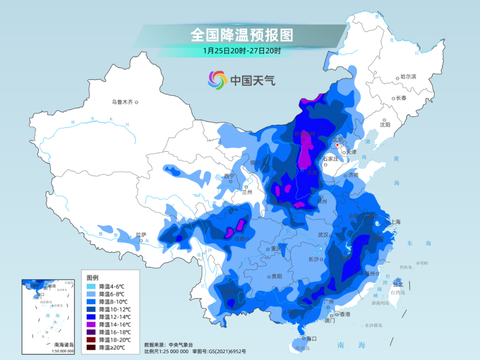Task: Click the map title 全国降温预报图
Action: pos(242,34)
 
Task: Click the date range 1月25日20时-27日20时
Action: pos(242,51)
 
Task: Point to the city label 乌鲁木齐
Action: pos(122,102)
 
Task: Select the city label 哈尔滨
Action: pos(408,77)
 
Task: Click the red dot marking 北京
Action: pos(338,145)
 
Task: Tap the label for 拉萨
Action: pos(141,235)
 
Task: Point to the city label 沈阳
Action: pos(385,125)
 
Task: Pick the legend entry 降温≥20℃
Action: pos(112,348)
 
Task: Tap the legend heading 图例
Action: pos(92,277)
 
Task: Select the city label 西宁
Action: pos(229,176)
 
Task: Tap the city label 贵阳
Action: pos(276,276)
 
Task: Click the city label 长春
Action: pos(401,98)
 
